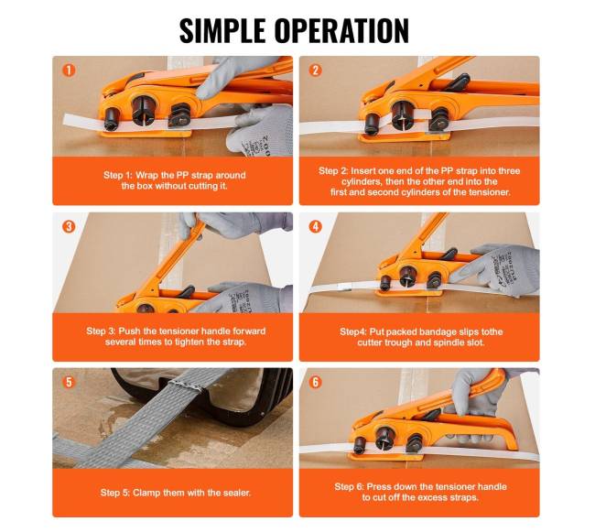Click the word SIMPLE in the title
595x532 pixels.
pos(222,30)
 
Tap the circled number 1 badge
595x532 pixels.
pos(69,71)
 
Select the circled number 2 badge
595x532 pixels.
pos(315,71)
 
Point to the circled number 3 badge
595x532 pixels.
pos(69,226)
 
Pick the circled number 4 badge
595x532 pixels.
pos(315,226)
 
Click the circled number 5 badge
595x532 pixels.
pos(69,382)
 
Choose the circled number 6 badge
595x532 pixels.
pos(315,382)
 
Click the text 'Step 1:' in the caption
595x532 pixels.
pos(118,175)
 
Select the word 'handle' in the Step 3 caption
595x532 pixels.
pos(216,331)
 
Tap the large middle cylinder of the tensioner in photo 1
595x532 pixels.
pos(144,110)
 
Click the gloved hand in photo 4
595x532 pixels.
pos(497,268)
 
